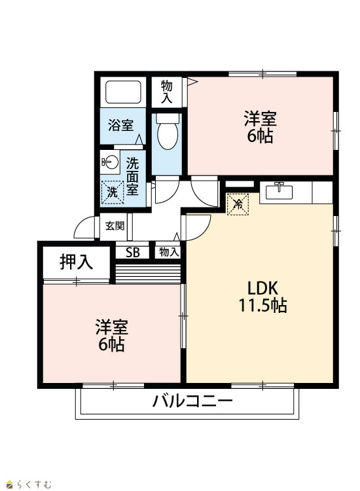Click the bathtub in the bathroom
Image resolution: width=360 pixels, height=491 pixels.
coord(123,92)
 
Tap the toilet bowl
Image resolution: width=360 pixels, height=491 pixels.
coord(168,136)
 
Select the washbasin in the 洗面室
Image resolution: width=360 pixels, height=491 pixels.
coord(110,162)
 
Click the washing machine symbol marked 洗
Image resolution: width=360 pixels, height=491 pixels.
coord(113,192)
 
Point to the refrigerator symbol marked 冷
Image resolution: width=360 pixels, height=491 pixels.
coord(238,204)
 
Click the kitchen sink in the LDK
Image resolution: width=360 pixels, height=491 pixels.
coord(279,191)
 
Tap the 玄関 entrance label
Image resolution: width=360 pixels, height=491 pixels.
coord(115,226)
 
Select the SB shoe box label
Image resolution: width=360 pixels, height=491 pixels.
coord(133,253)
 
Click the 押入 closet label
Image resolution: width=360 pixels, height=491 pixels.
coord(77,262)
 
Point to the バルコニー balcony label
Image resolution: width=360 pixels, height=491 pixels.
coord(192,401)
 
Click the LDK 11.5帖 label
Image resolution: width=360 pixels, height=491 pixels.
coord(262,296)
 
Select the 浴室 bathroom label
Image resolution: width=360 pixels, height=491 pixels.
coord(121,125)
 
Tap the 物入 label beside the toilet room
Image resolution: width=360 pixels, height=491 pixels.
coord(166,92)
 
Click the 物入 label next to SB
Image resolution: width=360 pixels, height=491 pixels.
coord(169,252)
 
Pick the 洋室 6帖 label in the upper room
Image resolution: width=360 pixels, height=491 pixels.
coord(260,127)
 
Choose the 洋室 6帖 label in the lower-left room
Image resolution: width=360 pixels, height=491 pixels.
coord(112,335)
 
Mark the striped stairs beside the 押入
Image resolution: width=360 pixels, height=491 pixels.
coord(148,274)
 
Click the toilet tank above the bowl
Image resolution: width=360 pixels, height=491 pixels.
coord(168,118)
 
